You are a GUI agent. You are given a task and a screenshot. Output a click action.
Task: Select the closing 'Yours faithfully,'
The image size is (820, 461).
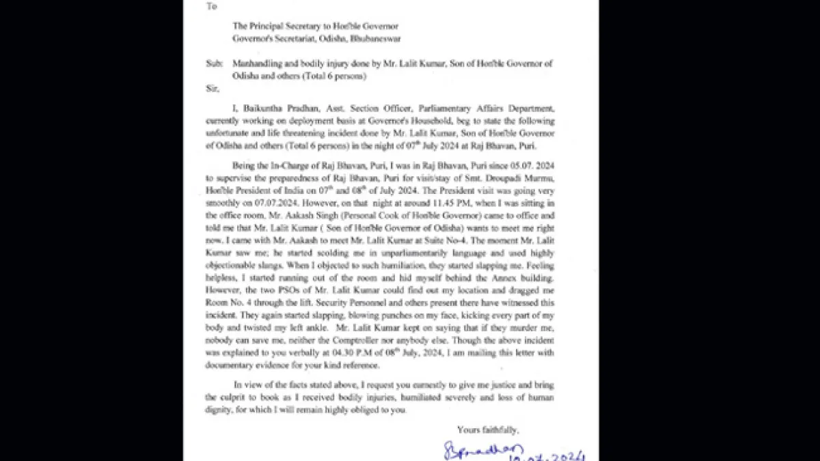click(487, 430)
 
